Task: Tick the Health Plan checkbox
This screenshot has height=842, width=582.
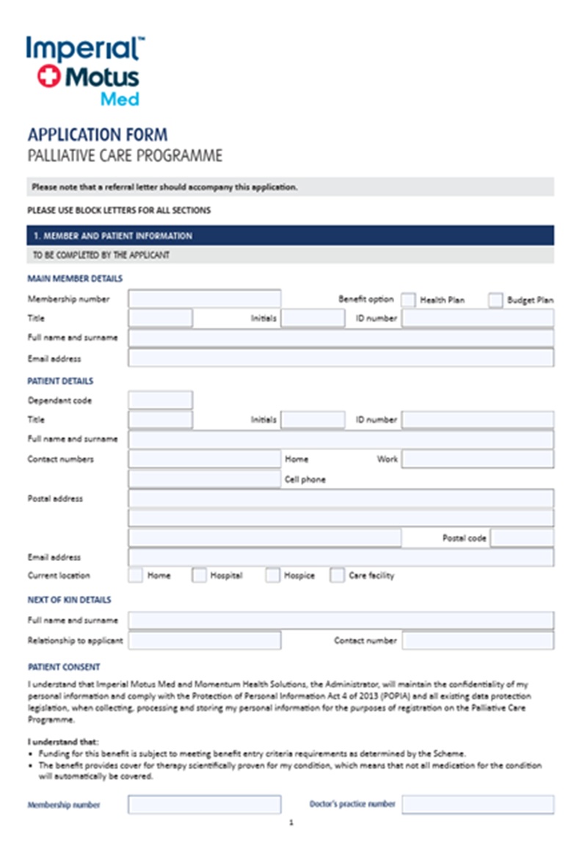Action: (x=408, y=300)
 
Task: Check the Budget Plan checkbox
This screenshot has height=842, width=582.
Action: (x=495, y=300)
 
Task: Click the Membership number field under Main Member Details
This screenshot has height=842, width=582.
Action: (x=204, y=299)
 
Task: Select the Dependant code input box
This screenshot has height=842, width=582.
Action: (x=160, y=400)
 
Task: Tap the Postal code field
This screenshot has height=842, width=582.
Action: (x=522, y=538)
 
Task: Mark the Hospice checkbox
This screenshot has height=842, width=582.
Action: (x=273, y=576)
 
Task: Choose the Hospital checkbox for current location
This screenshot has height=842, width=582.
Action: (x=199, y=576)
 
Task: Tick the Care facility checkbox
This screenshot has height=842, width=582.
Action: (x=337, y=576)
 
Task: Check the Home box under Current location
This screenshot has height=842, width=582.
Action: (x=136, y=576)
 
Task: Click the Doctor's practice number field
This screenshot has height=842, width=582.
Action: (x=477, y=805)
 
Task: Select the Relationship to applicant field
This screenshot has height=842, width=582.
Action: (x=204, y=640)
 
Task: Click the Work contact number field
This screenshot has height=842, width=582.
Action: (x=477, y=459)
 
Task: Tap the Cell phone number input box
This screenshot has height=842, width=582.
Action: (x=204, y=479)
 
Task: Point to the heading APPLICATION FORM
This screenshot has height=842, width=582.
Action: (x=98, y=135)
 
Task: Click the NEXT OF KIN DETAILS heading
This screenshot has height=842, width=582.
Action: (x=69, y=600)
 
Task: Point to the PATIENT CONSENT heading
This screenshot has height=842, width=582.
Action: (x=64, y=667)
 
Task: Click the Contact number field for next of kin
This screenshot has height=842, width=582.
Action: (x=477, y=640)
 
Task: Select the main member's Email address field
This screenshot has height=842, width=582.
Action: (x=341, y=358)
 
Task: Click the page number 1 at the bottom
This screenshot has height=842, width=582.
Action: (x=291, y=823)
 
